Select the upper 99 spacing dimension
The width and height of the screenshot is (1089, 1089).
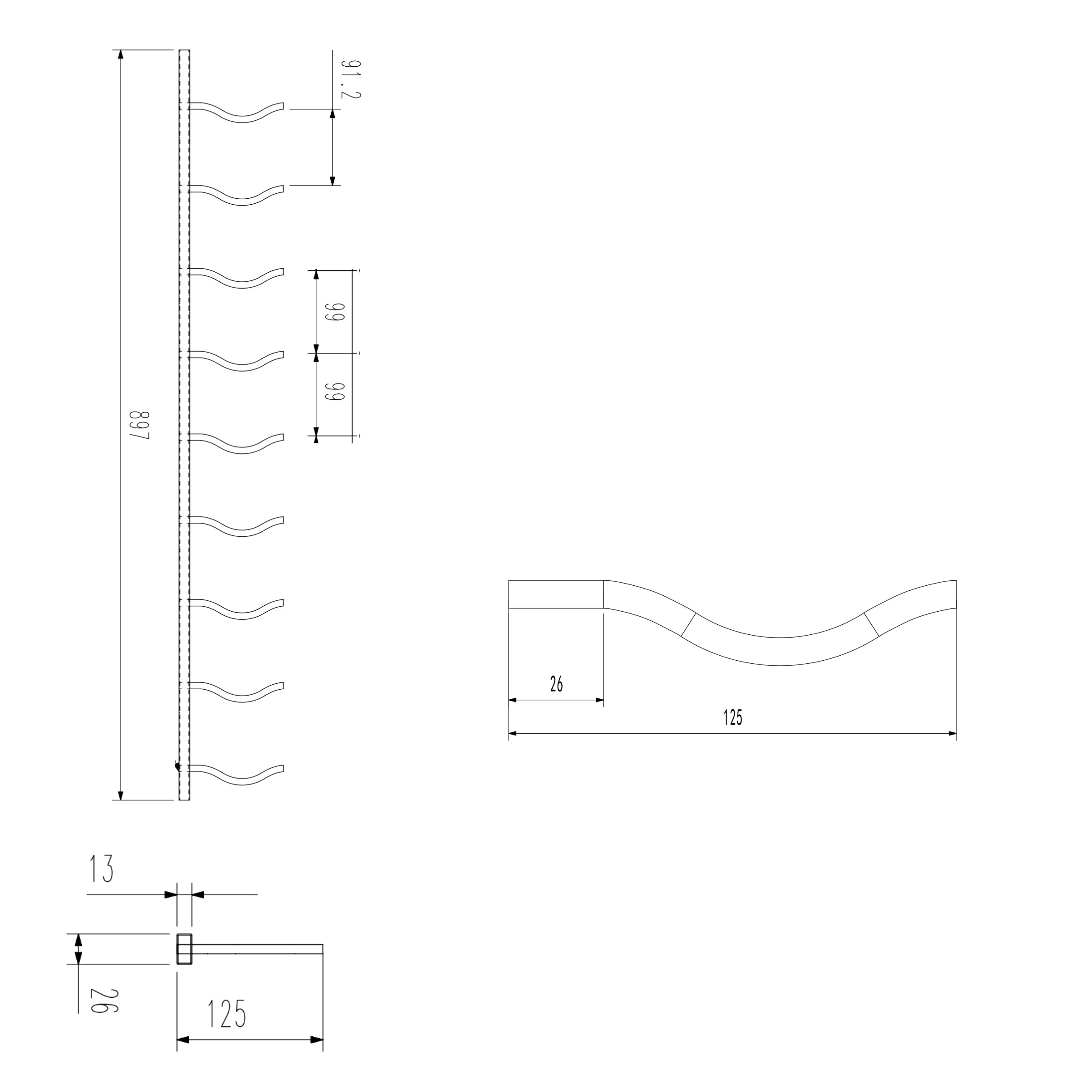point(336,312)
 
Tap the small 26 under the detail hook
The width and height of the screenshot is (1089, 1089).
point(556,684)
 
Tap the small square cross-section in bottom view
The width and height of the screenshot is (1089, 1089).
point(184,949)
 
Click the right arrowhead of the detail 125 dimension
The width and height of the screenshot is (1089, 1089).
point(952,733)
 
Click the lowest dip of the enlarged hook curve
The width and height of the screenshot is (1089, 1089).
point(780,652)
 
